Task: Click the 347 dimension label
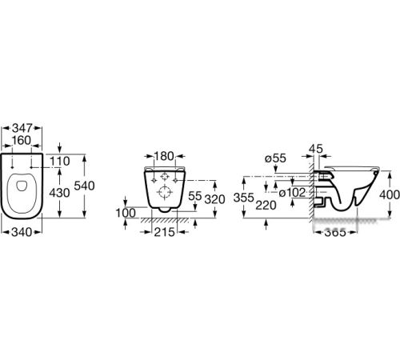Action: (22, 128)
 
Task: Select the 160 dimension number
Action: (22, 141)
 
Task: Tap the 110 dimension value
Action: (60, 162)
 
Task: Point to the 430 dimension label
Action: (59, 193)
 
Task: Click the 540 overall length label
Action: (84, 186)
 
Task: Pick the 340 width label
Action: (22, 232)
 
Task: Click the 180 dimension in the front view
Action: (164, 156)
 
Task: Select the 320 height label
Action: (214, 199)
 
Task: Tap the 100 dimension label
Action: (126, 213)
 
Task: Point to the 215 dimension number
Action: (164, 232)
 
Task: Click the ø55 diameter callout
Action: (275, 158)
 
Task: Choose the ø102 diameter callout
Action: (292, 193)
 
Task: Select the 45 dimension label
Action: (316, 149)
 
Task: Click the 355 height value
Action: (243, 198)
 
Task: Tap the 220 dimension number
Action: (266, 206)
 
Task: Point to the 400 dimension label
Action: (390, 195)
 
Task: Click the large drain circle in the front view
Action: (165, 186)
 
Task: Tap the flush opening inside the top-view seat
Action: (22, 186)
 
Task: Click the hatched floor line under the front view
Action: (165, 220)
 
